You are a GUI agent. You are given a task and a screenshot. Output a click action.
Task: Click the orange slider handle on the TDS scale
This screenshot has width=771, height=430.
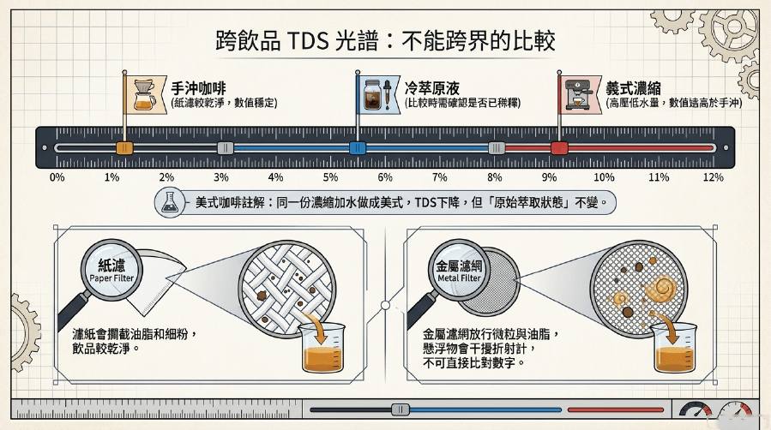123,147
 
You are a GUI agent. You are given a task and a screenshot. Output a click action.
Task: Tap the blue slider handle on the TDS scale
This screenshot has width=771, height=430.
358,147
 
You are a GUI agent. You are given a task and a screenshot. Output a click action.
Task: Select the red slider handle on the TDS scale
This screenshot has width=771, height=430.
559,147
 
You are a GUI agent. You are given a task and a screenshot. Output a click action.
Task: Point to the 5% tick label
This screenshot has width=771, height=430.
330,177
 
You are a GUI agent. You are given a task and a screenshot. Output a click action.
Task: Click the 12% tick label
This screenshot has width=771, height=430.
713,177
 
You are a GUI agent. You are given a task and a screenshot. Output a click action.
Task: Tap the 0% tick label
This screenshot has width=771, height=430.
57,177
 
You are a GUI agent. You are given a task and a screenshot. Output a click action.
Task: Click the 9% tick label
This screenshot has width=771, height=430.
549,177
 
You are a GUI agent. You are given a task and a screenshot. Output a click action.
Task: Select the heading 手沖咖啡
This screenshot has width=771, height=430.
198,88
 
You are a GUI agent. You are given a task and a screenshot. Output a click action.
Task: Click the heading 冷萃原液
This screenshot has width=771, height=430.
431,88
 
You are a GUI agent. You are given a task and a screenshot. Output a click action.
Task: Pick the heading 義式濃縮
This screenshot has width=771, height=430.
633,88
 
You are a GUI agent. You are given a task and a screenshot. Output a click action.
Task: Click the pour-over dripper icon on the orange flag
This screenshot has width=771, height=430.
145,94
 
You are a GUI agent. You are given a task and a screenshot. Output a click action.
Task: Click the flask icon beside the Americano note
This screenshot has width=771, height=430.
170,202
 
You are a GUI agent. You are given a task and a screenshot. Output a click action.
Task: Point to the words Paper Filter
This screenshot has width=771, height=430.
111,278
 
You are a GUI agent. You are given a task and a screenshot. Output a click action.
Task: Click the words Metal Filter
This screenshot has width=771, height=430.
459,278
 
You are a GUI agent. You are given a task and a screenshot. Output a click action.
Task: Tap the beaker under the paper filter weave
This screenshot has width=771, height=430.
322,347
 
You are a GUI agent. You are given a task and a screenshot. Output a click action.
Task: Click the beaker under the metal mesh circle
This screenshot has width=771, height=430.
674,347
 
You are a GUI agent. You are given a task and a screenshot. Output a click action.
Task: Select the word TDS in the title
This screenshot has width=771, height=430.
307,41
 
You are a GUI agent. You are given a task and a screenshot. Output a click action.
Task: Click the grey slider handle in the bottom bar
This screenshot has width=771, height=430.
401,409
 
